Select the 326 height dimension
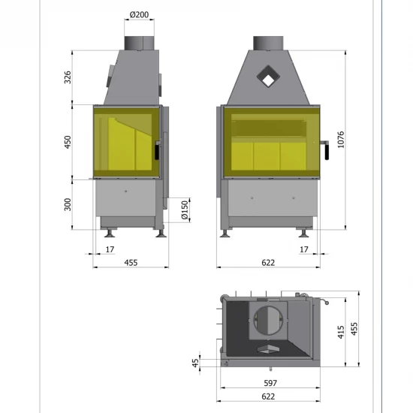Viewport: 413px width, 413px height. click(x=68, y=77)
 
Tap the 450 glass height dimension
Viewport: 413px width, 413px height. click(x=68, y=142)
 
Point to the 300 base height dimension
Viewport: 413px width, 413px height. click(x=68, y=204)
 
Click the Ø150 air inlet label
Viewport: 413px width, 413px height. click(x=185, y=210)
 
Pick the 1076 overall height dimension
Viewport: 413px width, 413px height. click(x=342, y=140)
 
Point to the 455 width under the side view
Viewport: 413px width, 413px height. click(x=131, y=262)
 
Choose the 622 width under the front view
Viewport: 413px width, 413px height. click(x=268, y=262)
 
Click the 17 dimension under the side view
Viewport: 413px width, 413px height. click(x=110, y=249)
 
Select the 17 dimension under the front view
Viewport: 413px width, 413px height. click(x=303, y=249)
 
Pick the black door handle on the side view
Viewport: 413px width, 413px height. click(x=157, y=149)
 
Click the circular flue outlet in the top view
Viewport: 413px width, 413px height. click(x=267, y=318)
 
